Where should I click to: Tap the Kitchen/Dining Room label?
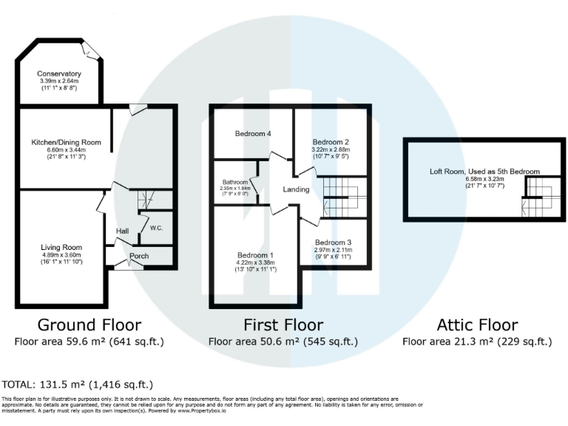tap(66, 142)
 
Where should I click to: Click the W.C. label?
tap(157, 228)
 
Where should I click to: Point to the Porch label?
tap(139, 256)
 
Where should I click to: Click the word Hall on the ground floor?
tap(122, 231)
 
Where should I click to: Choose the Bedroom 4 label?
tap(253, 134)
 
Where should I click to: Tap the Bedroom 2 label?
tap(331, 141)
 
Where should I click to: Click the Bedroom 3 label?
tap(333, 243)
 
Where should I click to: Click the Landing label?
tap(296, 190)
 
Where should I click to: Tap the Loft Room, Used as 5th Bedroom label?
tap(485, 172)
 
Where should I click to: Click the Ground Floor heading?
tap(89, 325)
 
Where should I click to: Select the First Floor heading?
tap(283, 325)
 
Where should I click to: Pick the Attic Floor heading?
tap(477, 325)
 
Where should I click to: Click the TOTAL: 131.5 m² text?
tap(78, 385)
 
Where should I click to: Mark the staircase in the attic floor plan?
tap(538, 200)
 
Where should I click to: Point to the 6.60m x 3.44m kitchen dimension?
tap(66, 149)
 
